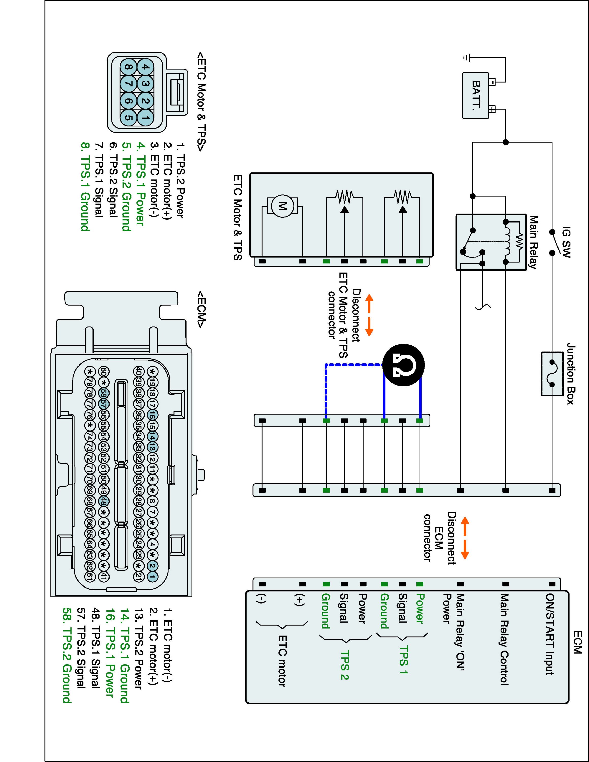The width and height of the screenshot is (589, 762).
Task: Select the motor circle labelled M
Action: [282, 206]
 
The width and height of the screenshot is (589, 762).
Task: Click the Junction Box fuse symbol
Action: [552, 374]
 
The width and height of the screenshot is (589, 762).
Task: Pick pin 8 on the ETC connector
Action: [128, 67]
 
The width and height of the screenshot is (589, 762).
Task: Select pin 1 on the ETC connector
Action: [146, 118]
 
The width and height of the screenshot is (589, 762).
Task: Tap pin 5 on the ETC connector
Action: [128, 118]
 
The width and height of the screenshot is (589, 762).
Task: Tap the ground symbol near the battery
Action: [467, 58]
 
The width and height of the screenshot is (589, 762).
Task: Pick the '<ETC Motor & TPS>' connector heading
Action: [201, 102]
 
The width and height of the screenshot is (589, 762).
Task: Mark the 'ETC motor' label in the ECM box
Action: [282, 661]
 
